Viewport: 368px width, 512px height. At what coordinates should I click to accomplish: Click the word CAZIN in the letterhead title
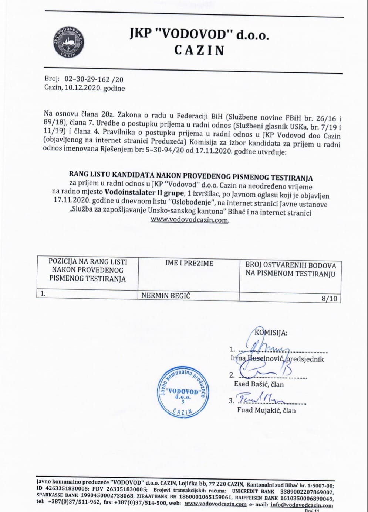coord(199,50)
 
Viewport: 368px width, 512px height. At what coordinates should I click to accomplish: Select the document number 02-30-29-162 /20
coord(94,79)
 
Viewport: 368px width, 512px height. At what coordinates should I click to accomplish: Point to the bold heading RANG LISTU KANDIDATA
coord(191,177)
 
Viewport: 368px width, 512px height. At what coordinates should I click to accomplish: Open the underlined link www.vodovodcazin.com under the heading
coord(189,220)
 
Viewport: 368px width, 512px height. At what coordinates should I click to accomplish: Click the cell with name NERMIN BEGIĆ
coord(166,295)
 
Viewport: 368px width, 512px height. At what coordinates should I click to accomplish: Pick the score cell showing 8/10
coord(330,299)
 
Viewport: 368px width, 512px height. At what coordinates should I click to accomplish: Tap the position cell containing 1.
coord(43,294)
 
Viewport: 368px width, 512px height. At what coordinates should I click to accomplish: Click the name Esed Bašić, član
coord(259,384)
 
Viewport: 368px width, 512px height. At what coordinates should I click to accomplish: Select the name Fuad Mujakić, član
coord(266,410)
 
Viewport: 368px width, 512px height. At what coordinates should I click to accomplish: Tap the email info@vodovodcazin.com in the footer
coord(301,505)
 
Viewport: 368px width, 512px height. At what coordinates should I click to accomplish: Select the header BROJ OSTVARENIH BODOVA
coord(290,269)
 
